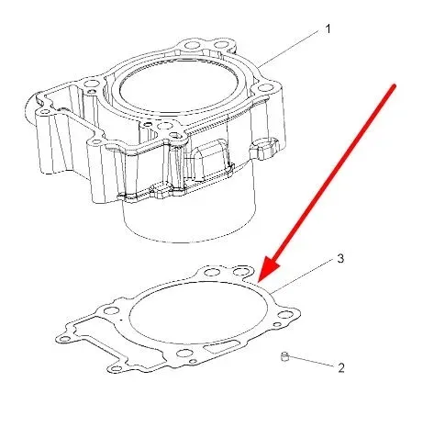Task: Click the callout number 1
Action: tap(328, 29)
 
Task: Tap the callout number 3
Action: tap(340, 258)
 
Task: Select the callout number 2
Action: tap(341, 367)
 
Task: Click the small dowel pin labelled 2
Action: tap(284, 356)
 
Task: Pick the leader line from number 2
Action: tap(311, 361)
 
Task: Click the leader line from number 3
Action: tap(304, 275)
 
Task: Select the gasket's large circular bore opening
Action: tap(198, 312)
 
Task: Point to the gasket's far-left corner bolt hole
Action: tap(64, 339)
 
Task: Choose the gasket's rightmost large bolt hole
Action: tap(284, 314)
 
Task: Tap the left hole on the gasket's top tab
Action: tap(211, 272)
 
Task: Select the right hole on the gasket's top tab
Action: tap(239, 271)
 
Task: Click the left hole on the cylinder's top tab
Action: tap(192, 46)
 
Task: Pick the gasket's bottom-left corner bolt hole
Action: tap(114, 367)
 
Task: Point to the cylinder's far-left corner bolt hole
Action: tap(45, 111)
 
